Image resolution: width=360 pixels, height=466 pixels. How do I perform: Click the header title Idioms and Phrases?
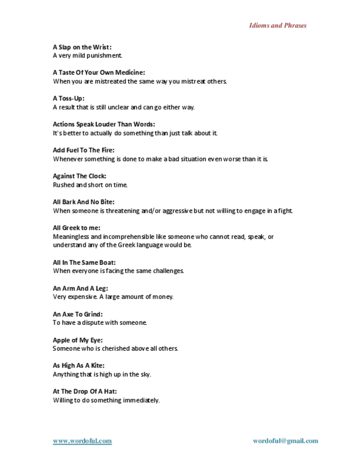pos(278,25)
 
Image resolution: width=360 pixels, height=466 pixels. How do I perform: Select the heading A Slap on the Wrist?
pos(82,47)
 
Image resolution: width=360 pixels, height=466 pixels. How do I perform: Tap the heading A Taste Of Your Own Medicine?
pos(99,73)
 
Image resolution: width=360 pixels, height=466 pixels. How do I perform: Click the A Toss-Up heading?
pos(69,98)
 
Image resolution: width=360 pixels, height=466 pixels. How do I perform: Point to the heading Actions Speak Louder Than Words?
pos(104,124)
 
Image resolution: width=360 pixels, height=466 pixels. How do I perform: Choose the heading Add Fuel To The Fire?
pos(84,150)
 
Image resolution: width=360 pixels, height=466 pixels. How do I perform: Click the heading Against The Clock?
pos(80,176)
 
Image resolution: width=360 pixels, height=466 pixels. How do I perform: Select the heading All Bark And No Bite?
pos(84,202)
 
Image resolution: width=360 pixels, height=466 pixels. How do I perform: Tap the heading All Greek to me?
pos(76,228)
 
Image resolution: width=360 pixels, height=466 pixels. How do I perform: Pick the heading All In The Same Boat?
pos(84,262)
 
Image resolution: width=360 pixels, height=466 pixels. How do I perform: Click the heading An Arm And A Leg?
pos(80,288)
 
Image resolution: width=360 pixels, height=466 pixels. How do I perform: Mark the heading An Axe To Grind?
pos(77,314)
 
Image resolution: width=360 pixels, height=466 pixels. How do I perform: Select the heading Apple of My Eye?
pos(77,340)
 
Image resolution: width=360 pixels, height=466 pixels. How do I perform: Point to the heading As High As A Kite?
pos(79,365)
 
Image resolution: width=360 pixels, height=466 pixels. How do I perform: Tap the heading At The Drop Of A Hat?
pos(85,391)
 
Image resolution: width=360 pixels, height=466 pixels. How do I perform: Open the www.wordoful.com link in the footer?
pos(82,441)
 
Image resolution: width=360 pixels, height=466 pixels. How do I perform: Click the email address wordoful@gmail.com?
pos(285,441)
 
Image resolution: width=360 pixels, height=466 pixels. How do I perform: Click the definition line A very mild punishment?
pos(87,56)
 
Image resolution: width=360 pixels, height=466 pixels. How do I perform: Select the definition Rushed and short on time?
pos(90,185)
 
